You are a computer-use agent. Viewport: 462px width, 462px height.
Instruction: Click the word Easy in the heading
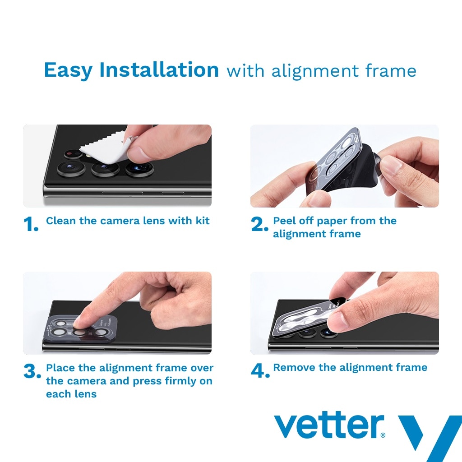(68, 70)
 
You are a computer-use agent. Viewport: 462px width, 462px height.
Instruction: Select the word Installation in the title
(159, 69)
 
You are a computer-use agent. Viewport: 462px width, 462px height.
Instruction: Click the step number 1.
(31, 225)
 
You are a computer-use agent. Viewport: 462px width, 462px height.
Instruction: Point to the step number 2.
(259, 224)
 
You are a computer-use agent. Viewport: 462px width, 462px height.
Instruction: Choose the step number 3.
(32, 371)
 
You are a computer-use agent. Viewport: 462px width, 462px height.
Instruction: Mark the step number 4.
(260, 371)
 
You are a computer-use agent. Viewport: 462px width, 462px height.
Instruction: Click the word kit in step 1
(203, 221)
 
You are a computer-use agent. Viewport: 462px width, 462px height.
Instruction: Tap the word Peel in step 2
(284, 221)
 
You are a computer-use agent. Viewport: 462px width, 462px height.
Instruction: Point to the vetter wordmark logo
(329, 425)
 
